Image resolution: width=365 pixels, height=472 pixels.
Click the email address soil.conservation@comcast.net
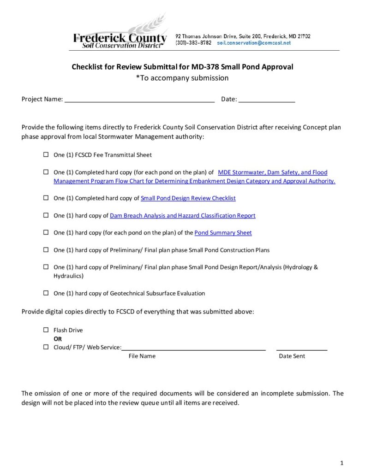(x=254, y=43)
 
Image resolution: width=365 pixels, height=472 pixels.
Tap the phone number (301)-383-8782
(x=193, y=43)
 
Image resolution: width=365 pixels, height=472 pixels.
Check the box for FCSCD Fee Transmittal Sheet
(x=46, y=155)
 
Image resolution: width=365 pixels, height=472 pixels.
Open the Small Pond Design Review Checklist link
(x=188, y=198)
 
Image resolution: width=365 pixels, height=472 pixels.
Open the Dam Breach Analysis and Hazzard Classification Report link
(x=183, y=216)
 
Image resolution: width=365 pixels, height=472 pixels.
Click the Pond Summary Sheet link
(x=223, y=233)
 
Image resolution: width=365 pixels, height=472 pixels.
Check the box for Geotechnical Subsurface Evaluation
(x=46, y=293)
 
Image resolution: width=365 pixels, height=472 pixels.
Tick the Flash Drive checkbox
(x=46, y=330)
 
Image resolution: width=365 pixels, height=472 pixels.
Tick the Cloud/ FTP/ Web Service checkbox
(x=46, y=347)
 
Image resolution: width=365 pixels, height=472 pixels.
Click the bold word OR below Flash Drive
(x=58, y=339)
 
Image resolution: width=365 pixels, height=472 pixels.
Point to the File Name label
(x=142, y=356)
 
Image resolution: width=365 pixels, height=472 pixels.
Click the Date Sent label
(x=292, y=356)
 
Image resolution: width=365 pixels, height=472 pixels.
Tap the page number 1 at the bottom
(x=341, y=462)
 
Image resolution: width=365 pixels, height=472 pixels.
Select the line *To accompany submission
(x=182, y=78)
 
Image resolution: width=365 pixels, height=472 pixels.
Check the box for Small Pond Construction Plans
(x=46, y=250)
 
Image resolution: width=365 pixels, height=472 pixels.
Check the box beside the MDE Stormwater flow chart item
(x=46, y=172)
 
